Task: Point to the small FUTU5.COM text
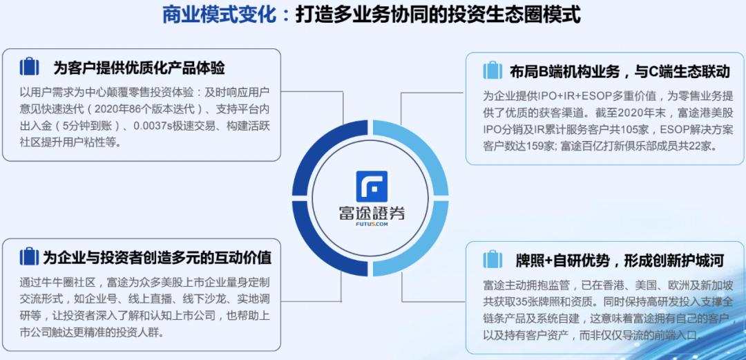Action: pyautogui.click(x=372, y=225)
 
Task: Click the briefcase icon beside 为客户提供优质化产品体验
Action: pyautogui.click(x=30, y=67)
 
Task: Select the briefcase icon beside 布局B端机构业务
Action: pyautogui.click(x=492, y=70)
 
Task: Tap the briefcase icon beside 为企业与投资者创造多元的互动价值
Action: pyautogui.click(x=30, y=257)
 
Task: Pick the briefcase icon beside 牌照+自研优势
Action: pyautogui.click(x=492, y=260)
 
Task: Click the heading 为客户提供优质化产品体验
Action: pyautogui.click(x=139, y=68)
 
